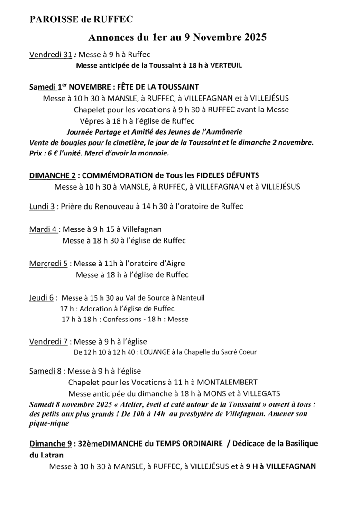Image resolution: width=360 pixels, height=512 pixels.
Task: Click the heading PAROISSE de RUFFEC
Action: coord(81,19)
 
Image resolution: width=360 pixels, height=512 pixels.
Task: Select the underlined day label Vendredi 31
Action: coord(51,55)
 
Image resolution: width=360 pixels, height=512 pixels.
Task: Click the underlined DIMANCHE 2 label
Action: coord(52,175)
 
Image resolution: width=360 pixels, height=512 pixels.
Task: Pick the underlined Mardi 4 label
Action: coord(44,229)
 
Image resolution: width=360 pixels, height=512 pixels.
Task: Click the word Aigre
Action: coord(174,264)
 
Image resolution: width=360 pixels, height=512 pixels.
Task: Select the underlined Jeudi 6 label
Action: coord(42,298)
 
